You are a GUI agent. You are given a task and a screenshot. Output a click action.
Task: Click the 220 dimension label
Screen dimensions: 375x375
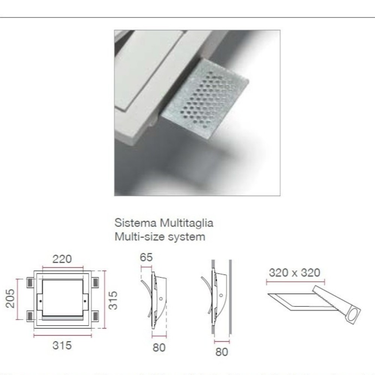(62, 259)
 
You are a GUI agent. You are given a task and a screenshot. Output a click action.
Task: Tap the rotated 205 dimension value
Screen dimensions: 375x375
(10, 298)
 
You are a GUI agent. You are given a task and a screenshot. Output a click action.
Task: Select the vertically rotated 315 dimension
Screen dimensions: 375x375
(113, 300)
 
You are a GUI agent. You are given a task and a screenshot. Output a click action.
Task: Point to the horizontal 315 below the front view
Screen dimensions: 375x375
(62, 346)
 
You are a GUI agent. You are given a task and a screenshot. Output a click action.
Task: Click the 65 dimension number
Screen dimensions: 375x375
(146, 257)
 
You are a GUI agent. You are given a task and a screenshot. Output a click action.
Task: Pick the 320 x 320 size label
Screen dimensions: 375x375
(294, 273)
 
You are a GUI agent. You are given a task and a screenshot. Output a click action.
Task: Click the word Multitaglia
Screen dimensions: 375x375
(186, 223)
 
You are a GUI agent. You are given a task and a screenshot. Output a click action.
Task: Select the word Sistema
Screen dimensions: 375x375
(136, 223)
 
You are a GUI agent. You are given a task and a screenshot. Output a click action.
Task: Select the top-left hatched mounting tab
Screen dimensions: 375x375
(30, 282)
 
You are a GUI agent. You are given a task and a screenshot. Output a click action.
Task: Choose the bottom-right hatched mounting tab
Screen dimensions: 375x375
(95, 316)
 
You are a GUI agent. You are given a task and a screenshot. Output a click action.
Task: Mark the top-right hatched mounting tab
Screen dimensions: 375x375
(95, 282)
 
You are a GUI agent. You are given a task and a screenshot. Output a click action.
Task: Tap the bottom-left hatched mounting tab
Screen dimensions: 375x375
(30, 316)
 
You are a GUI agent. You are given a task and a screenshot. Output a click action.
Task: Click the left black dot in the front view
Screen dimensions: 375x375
(40, 301)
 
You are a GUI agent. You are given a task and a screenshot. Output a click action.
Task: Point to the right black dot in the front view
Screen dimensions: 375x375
(85, 301)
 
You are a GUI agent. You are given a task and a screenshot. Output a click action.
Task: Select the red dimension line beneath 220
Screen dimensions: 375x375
(63, 267)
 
